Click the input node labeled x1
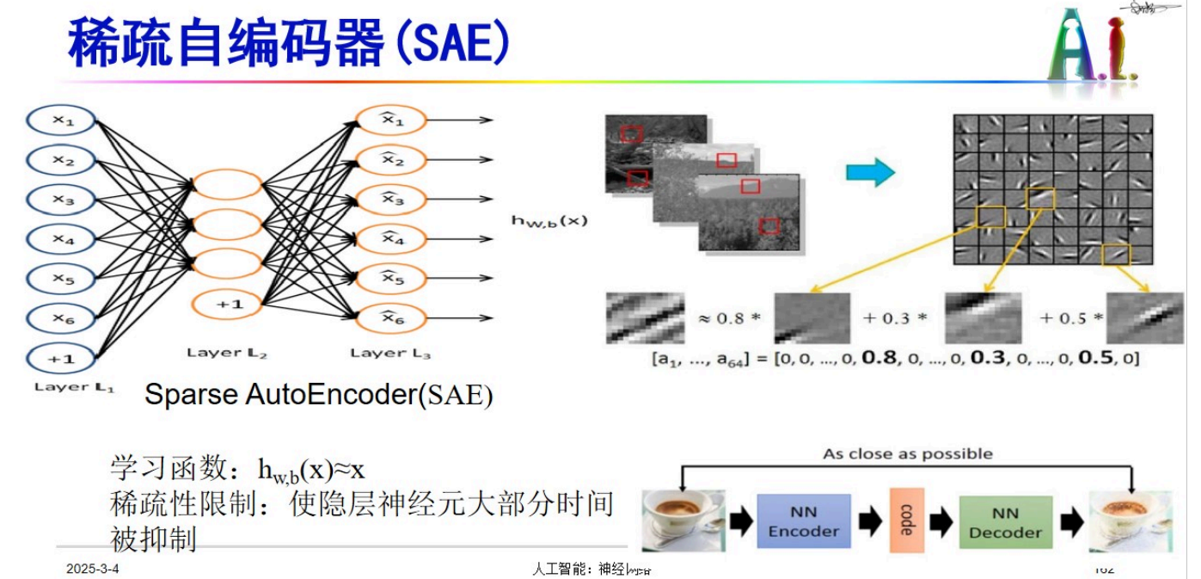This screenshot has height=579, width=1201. point(64,122)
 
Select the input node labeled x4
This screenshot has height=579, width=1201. point(64,240)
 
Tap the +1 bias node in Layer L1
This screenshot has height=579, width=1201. point(64,358)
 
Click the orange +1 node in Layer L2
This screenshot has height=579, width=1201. point(227,305)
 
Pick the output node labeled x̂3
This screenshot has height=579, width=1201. point(392,199)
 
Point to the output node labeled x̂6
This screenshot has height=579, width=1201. point(392,317)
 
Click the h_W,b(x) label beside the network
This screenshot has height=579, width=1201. point(549,220)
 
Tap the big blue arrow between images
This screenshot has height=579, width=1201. point(870,172)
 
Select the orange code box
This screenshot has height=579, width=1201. point(905,520)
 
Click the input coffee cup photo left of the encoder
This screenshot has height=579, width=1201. point(683,520)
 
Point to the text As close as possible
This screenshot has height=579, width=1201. point(907,453)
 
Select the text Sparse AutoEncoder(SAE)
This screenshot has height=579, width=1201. point(318,395)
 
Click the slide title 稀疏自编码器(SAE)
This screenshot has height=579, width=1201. point(288,43)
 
